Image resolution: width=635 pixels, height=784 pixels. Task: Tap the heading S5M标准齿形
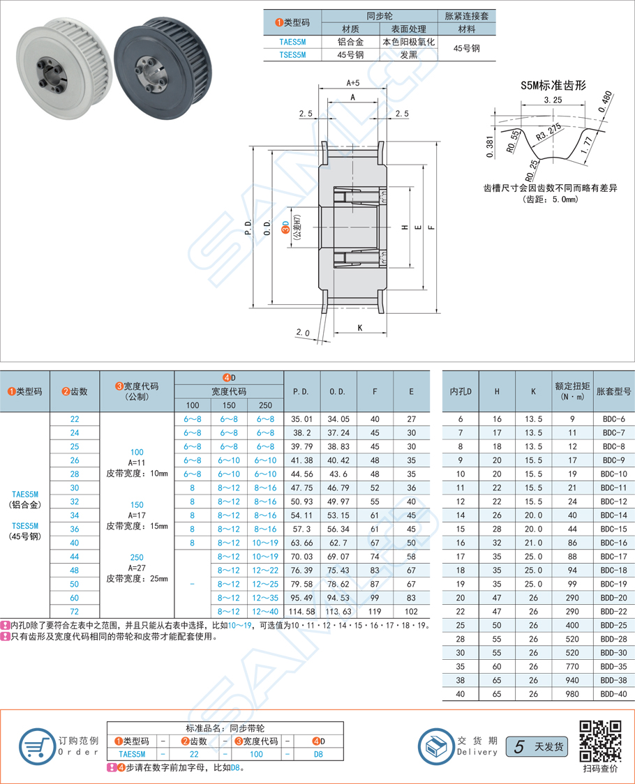point(553,85)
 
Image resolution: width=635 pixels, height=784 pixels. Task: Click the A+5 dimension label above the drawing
point(352,82)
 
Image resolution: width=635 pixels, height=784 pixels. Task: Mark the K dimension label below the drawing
point(360,327)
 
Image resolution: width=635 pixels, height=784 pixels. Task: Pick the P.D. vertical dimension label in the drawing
point(250,228)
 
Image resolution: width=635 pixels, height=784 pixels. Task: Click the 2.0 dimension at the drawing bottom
point(301,333)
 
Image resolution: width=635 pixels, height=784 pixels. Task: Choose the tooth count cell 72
point(75,612)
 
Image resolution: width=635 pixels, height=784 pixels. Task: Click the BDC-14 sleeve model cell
point(613,515)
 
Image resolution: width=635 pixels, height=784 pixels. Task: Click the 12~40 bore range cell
point(265,612)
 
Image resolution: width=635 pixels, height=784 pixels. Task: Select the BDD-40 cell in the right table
point(613,695)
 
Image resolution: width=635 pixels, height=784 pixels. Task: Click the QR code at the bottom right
point(601,741)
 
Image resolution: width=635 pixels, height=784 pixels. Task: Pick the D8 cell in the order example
point(318,754)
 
